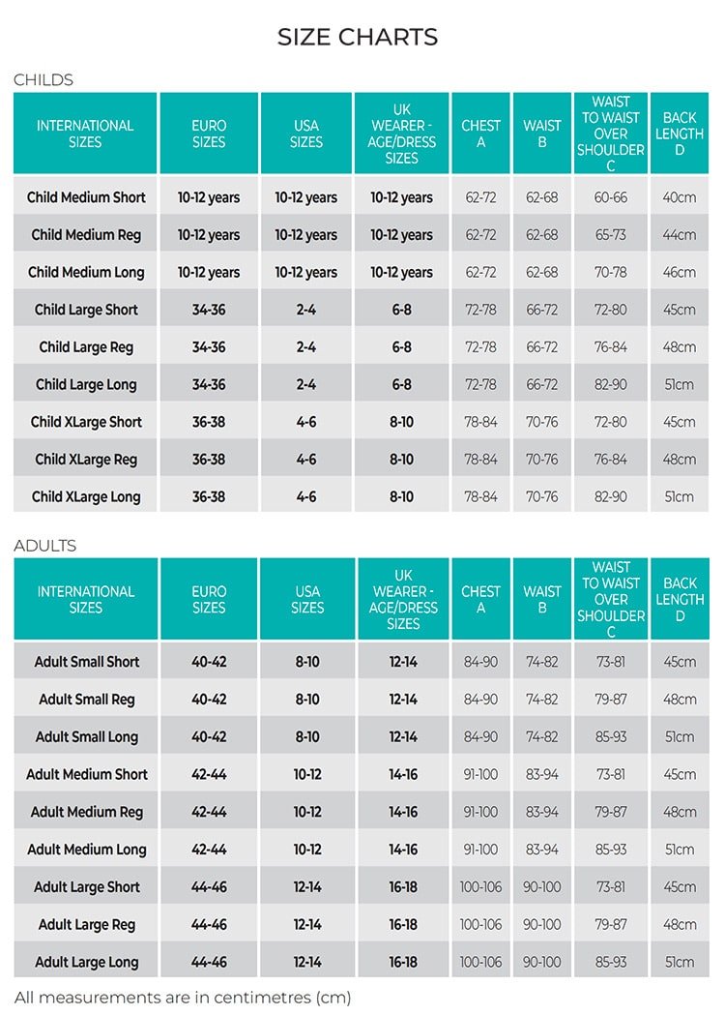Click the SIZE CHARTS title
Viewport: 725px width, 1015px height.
358,37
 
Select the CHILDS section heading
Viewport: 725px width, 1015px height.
43,80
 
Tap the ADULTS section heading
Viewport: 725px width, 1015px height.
45,546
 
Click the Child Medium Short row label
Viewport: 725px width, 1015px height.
86,197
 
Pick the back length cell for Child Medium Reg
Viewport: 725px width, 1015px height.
679,235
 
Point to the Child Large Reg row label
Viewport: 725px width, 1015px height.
86,347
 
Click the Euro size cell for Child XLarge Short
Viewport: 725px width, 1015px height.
209,422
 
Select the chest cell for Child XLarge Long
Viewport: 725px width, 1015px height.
480,497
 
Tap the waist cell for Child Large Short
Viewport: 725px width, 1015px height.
541,310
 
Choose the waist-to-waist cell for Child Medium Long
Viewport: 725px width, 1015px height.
610,273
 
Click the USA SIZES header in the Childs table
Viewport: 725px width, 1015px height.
306,134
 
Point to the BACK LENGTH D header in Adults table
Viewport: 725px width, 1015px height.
680,599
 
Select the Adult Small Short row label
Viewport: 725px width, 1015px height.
87,663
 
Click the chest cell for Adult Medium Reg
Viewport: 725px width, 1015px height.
480,812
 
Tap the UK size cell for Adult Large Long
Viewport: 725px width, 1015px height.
403,962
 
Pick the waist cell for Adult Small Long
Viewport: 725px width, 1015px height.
541,737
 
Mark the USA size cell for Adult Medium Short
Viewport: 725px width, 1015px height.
307,774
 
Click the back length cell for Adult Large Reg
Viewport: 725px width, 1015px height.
679,925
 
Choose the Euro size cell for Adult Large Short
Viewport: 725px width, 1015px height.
209,887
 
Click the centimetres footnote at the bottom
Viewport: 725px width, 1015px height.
183,997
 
